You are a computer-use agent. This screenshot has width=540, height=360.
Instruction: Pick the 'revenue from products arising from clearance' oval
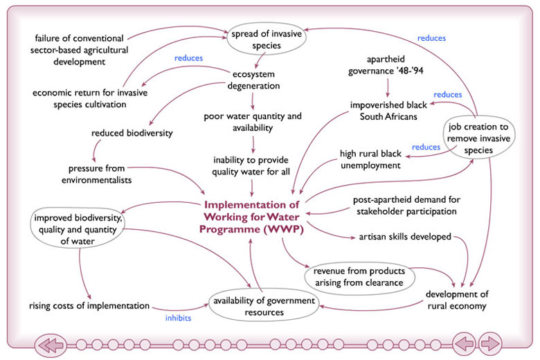pyautogui.click(x=359, y=276)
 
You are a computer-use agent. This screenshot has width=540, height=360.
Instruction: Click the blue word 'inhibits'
pyautogui.click(x=178, y=318)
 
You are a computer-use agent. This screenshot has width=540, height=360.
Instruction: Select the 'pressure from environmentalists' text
pyautogui.click(x=100, y=174)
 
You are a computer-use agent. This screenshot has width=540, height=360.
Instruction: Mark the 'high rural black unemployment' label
pyautogui.click(x=370, y=159)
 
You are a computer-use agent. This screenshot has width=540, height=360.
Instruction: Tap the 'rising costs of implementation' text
pyautogui.click(x=89, y=305)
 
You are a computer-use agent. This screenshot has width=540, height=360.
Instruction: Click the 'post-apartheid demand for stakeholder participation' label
pyautogui.click(x=406, y=204)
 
